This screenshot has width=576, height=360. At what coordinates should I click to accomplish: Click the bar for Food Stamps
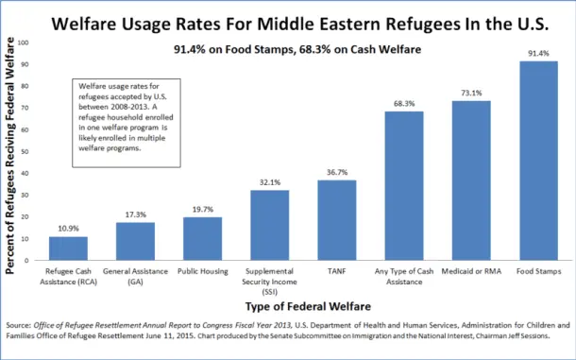point(538,161)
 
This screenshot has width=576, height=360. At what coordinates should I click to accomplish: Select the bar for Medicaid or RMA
point(471,180)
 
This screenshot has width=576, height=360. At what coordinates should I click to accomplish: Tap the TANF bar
point(337,220)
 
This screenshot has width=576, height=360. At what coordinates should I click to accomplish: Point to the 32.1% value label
point(270,182)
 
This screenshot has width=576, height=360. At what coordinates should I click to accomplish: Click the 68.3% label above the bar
point(404,104)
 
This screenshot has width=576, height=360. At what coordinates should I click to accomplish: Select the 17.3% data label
point(135,214)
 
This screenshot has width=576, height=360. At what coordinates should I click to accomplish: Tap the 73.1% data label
point(471,94)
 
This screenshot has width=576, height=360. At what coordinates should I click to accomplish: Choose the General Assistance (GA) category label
point(135,275)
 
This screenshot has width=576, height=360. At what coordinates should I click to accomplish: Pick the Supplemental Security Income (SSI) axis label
point(270,281)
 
